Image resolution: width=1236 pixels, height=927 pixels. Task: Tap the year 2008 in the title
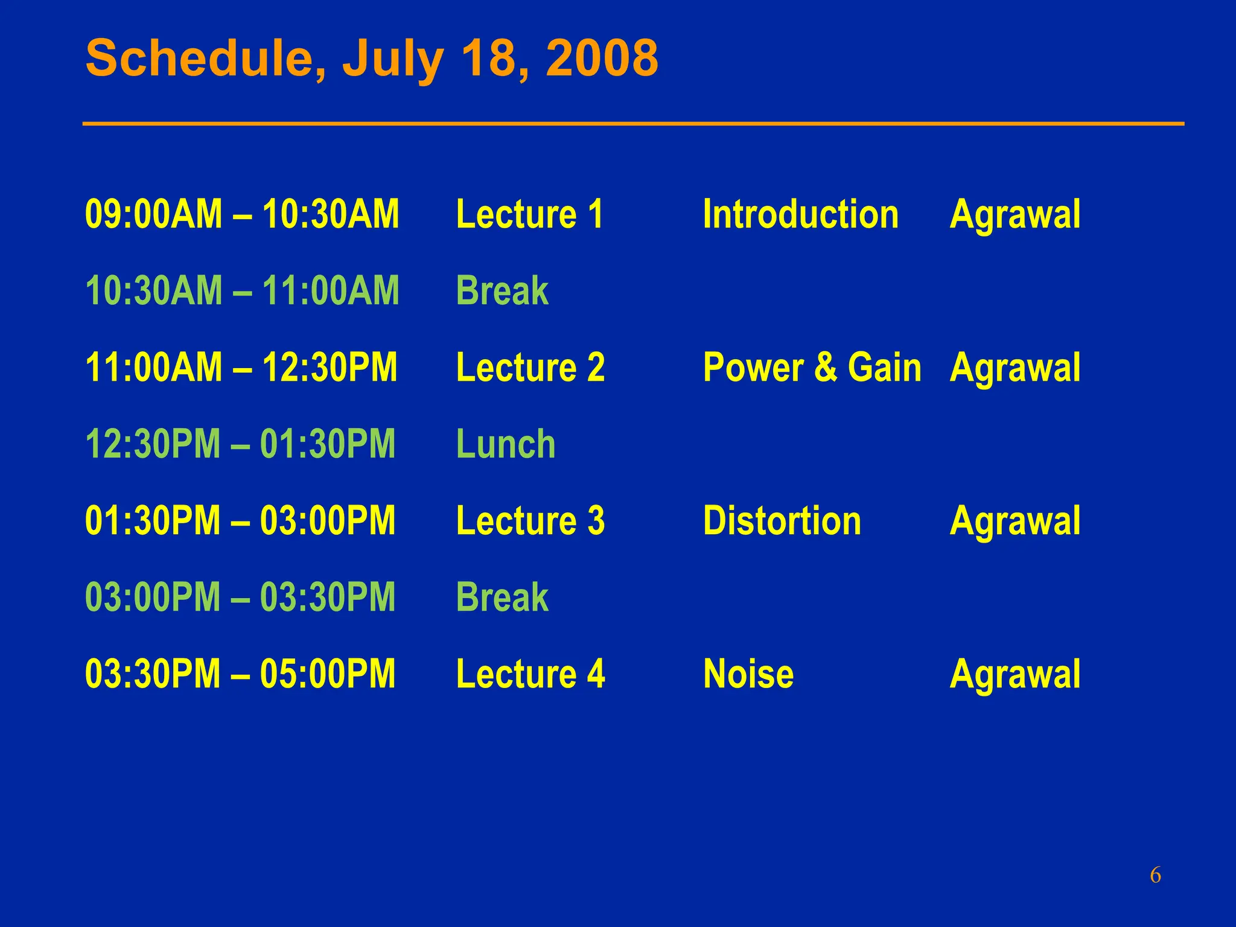(602, 59)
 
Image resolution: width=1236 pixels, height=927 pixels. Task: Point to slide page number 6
(1155, 875)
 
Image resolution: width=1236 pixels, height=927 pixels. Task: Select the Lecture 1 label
(529, 214)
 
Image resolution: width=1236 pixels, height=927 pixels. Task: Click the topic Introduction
(800, 214)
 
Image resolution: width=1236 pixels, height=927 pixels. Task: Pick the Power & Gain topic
(812, 367)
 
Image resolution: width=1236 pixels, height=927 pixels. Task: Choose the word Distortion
(782, 520)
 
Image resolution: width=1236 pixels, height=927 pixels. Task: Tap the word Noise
(748, 674)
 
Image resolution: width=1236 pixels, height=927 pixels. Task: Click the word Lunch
(505, 444)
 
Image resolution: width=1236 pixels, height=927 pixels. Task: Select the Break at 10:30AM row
(502, 290)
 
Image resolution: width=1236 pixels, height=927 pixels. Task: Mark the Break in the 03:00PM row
(502, 597)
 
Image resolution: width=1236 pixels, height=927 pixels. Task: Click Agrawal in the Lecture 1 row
(1015, 214)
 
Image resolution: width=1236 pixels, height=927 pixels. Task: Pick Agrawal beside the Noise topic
(1015, 674)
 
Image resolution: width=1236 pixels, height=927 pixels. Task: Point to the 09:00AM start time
(153, 214)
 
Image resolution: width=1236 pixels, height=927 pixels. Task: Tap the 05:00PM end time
(328, 674)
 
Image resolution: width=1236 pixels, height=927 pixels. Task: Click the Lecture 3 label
(530, 520)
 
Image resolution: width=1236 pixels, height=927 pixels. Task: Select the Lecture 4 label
(530, 674)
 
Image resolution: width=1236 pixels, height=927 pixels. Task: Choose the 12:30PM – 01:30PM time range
(240, 444)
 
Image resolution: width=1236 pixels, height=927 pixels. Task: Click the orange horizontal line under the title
(633, 124)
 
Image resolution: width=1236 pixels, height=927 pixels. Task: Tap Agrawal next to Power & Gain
(1015, 367)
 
